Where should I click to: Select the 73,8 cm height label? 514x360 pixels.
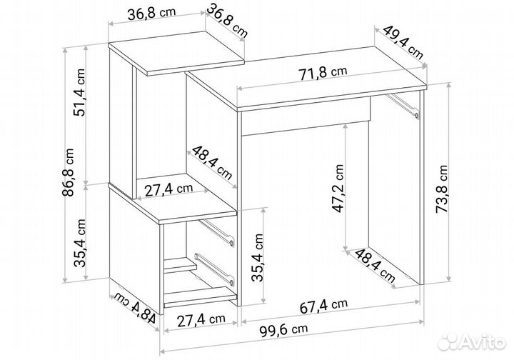pos(441,189)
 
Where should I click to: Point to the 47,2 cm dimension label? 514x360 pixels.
pos(337,189)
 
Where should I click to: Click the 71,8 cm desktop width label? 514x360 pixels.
pos(323,73)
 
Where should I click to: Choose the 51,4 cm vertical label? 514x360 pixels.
pos(79,92)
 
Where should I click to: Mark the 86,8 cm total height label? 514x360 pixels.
pos(68,172)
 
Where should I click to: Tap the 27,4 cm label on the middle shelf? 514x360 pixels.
pos(168,189)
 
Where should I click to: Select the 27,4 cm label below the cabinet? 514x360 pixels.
pos(201,320)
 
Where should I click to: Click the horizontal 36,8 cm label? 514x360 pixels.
pos(151,14)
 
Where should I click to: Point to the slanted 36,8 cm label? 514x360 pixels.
pos(227,20)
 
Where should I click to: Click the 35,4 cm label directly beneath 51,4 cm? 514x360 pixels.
pos(80,243)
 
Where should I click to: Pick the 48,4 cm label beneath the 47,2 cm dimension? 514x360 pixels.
pos(375,266)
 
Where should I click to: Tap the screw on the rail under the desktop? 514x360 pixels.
pos(417,116)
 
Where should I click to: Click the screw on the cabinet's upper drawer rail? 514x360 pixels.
pos(232,243)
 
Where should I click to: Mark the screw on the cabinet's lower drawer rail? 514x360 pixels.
pos(232,282)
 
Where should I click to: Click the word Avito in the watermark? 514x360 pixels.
pos(483,343)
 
